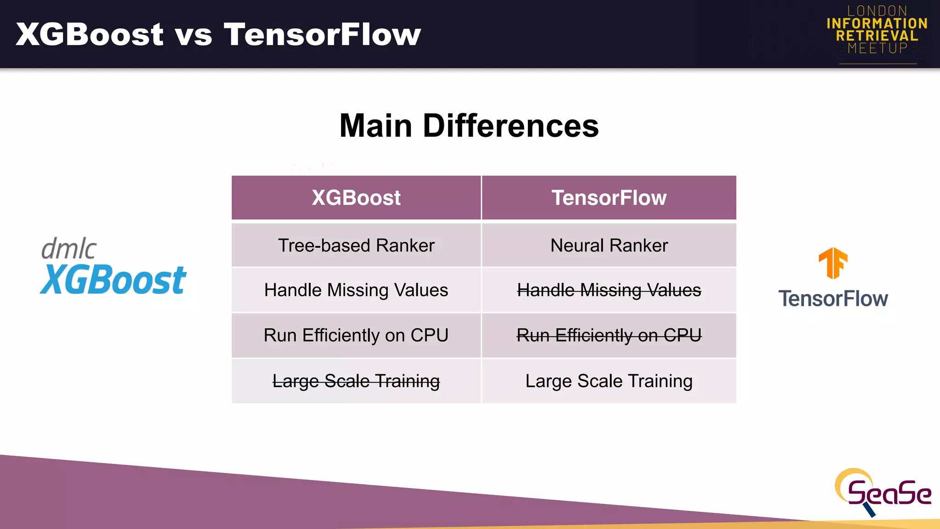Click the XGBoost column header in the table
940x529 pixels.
coord(356,198)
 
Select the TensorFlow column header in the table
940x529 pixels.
coord(609,198)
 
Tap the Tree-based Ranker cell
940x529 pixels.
coord(356,245)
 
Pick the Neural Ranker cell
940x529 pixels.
coord(609,245)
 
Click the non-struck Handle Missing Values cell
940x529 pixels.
coord(356,290)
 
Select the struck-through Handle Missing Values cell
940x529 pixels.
coord(609,290)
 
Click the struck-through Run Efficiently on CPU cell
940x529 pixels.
coord(609,335)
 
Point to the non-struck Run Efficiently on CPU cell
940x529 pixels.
coord(356,335)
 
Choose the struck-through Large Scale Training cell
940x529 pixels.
coord(356,381)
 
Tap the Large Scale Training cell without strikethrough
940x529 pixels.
coord(609,381)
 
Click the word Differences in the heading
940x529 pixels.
coord(510,125)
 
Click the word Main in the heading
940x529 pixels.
coord(375,125)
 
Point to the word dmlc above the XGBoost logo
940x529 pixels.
coord(69,249)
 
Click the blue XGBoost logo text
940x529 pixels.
coord(113,280)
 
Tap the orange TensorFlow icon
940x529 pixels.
coord(833,263)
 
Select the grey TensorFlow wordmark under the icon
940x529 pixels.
coord(833,298)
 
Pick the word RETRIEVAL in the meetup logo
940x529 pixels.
coord(877,36)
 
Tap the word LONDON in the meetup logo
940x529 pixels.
coord(877,11)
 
